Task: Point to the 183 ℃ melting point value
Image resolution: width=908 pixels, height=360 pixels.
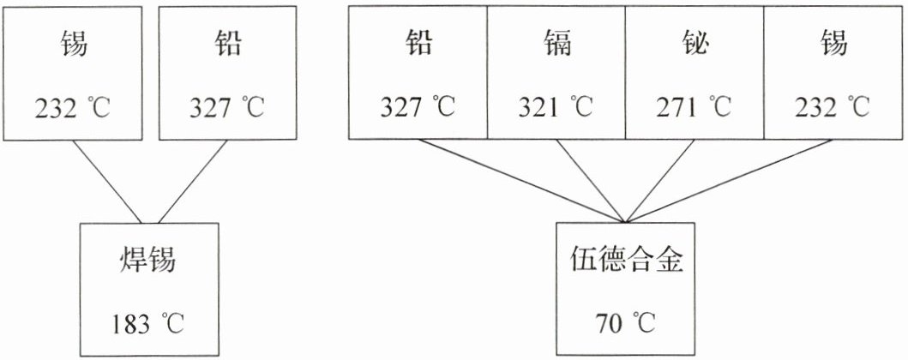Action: pos(149,325)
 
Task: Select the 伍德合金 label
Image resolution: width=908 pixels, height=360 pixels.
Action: pos(625,261)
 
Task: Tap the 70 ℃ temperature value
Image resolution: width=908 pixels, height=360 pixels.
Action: pos(625,325)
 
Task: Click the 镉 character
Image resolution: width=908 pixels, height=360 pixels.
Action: pos(556,44)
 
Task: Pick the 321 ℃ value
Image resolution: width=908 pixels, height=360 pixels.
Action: pos(556,108)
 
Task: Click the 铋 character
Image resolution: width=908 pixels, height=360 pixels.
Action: pos(695,44)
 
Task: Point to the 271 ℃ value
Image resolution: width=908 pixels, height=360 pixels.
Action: pos(695,108)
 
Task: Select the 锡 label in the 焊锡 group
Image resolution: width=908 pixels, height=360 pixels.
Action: pos(73,44)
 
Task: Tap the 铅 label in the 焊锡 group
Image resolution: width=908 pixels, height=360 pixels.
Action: pos(227,44)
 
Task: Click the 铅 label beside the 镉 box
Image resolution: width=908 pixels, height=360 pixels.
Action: pos(418,44)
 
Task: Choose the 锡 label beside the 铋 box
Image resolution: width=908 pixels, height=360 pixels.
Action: pos(833,44)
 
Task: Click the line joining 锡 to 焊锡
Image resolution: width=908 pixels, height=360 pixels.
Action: pos(107,182)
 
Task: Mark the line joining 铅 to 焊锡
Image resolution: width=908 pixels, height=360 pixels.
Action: pos(193,182)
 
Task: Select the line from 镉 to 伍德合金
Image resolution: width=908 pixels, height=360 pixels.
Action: pos(591,181)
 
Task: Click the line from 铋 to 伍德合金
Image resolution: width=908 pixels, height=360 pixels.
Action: pos(660,181)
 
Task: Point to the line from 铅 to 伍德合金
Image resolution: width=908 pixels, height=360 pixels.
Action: pos(522,181)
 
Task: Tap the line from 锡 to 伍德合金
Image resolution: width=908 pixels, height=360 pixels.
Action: pos(730,181)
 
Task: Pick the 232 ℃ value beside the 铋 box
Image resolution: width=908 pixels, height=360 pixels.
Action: pos(833,108)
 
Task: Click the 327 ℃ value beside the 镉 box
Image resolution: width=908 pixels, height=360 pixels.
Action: pos(418,108)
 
